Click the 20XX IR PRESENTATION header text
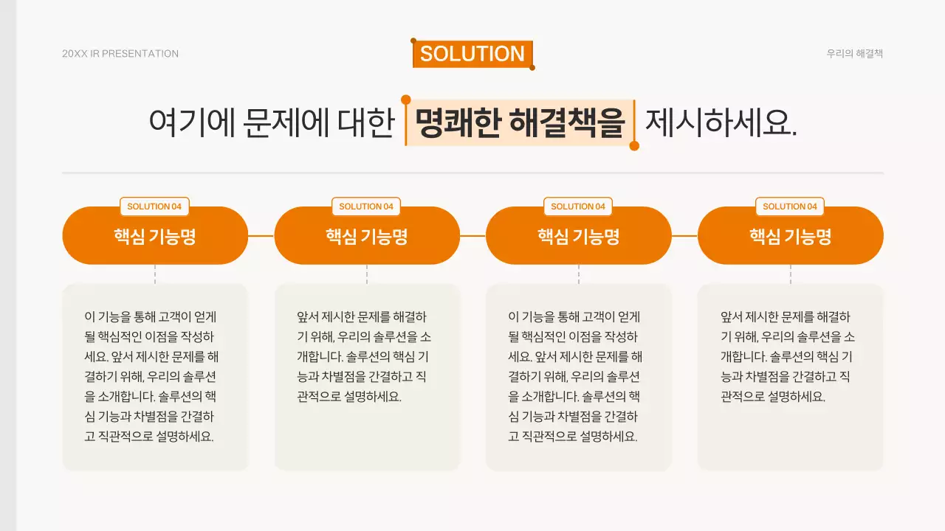[x=120, y=54]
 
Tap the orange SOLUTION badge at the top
[x=472, y=54]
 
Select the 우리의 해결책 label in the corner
[x=855, y=54]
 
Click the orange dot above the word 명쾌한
[x=405, y=100]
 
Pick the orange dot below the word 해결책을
[x=634, y=146]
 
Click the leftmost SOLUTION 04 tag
[x=154, y=206]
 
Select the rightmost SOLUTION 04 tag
[x=790, y=206]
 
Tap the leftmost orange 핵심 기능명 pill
[x=154, y=237]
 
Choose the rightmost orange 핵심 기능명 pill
[x=790, y=237]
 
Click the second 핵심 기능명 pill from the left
[x=367, y=237]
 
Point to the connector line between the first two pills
[x=261, y=236]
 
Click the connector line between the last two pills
[x=684, y=236]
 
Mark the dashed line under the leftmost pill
[x=155, y=274]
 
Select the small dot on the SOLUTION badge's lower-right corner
[x=532, y=68]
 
